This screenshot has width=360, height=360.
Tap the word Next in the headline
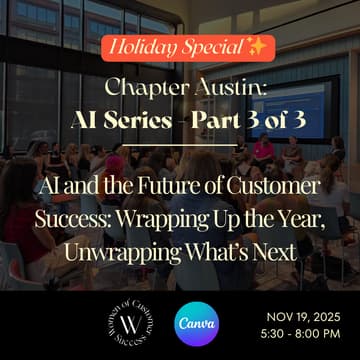(269, 252)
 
